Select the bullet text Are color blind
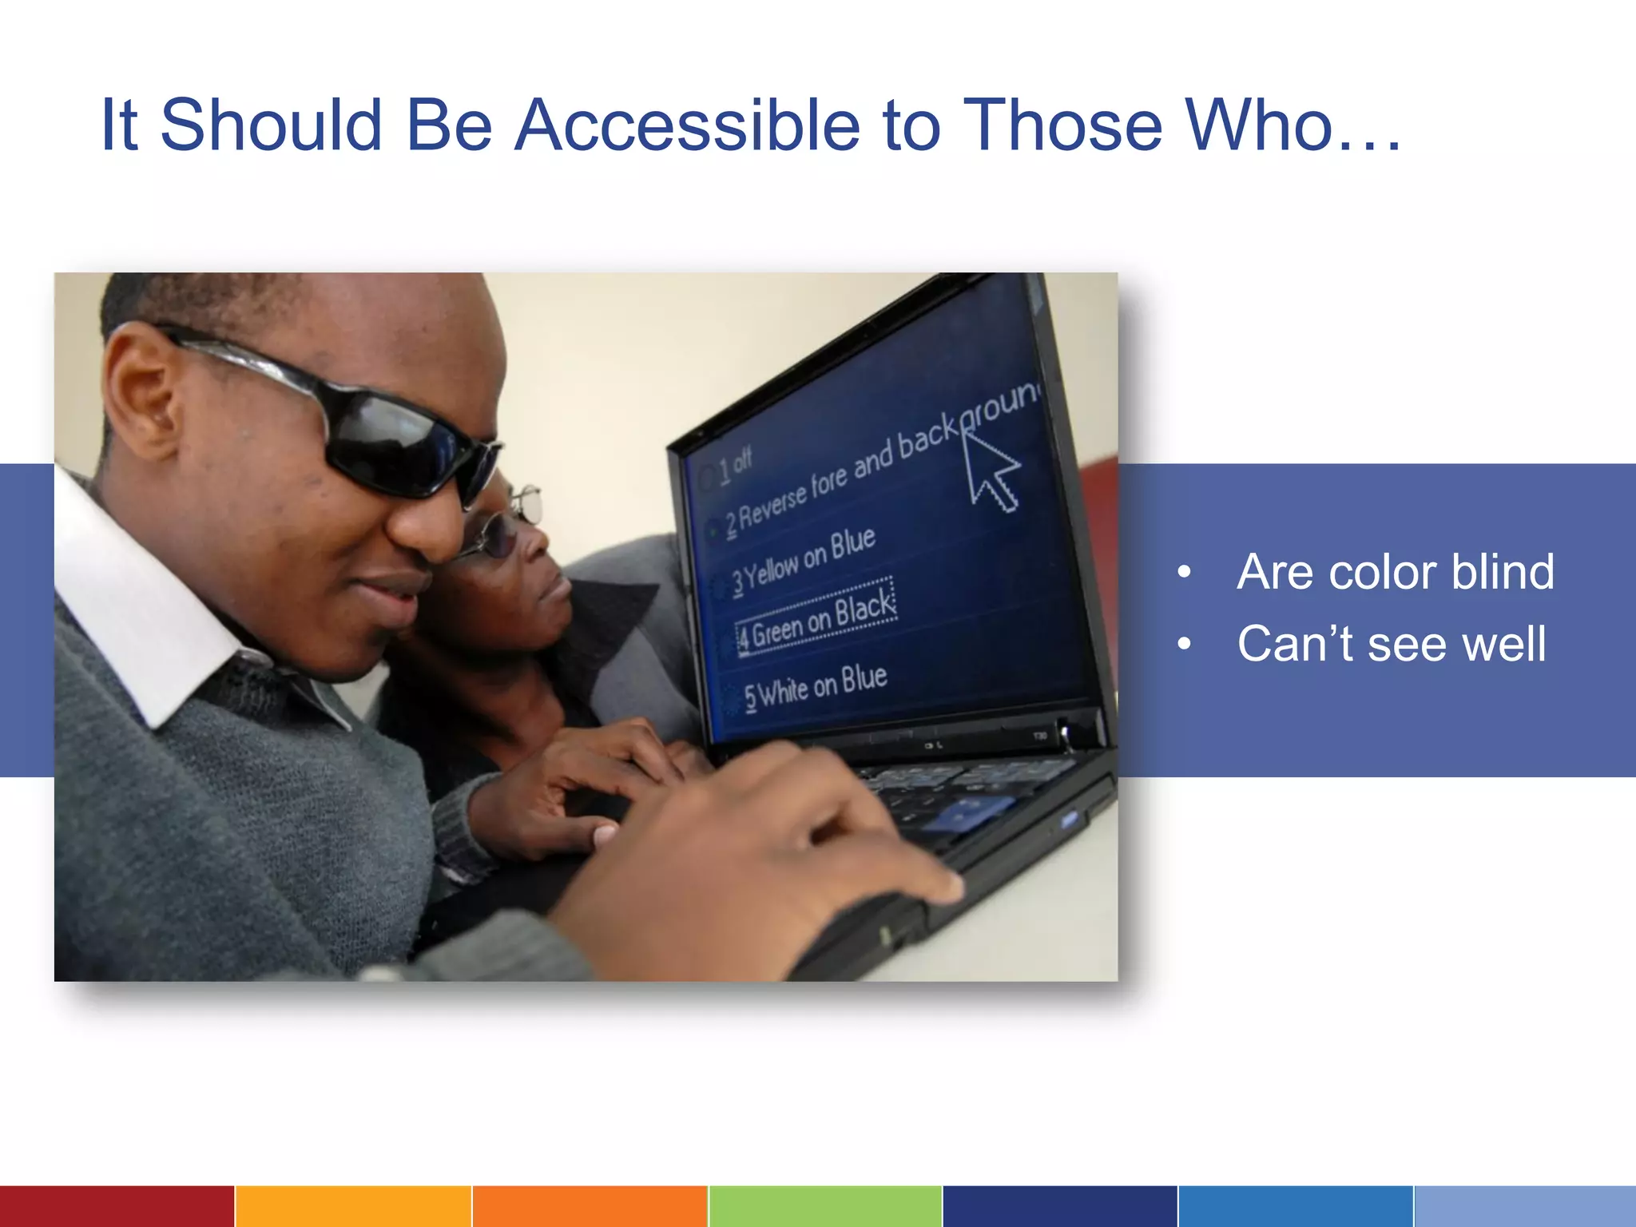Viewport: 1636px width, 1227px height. coord(1395,572)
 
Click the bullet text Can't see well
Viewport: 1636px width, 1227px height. coord(1391,644)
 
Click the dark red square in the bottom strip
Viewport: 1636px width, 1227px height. coord(117,1206)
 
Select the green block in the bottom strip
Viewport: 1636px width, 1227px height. coord(824,1206)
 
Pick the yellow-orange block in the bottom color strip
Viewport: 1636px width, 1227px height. coord(353,1206)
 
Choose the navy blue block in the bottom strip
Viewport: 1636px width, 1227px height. coord(1059,1206)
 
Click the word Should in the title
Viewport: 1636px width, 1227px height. coord(272,125)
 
